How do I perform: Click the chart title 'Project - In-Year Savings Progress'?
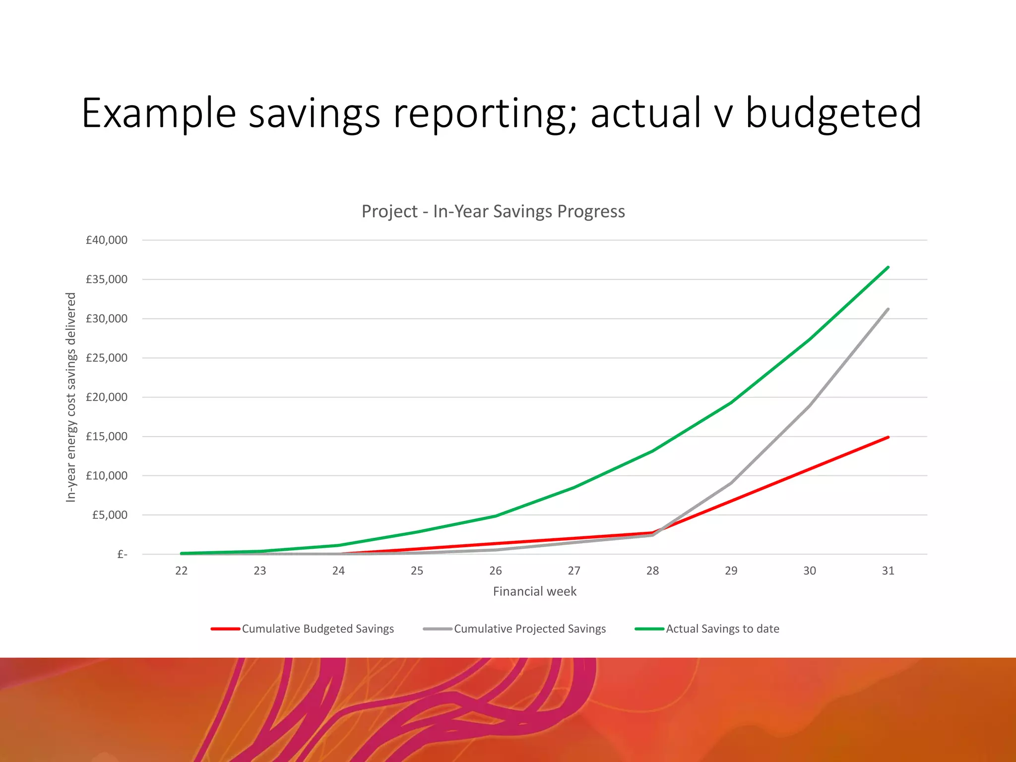pos(493,211)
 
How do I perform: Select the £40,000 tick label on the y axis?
pos(107,240)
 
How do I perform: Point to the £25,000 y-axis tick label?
pos(107,358)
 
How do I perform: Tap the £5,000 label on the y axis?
pos(110,515)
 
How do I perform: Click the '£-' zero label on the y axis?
pos(122,554)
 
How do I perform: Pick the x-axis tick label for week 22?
pos(182,571)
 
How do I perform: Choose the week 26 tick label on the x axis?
pos(496,571)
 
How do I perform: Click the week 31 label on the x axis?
pos(888,571)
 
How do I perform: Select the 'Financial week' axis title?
pos(535,591)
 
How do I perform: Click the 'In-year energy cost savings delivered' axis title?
pos(71,397)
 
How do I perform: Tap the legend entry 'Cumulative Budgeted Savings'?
pos(317,629)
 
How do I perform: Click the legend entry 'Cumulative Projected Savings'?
pos(530,629)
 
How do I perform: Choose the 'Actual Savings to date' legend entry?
pos(722,629)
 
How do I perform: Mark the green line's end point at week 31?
pos(888,267)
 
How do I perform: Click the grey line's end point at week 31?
pos(888,309)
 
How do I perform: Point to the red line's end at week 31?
pos(888,437)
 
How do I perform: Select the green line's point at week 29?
pos(731,402)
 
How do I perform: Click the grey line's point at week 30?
pos(810,405)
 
